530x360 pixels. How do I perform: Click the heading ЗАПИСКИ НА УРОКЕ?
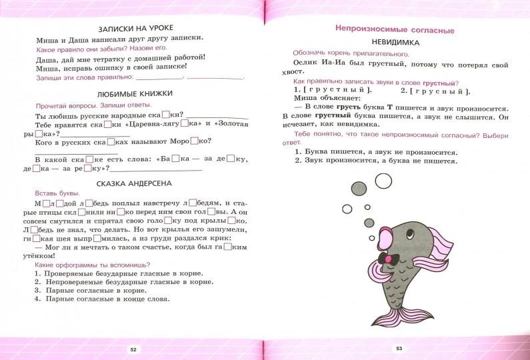tap(135, 28)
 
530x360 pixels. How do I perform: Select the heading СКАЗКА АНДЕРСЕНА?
tap(135, 183)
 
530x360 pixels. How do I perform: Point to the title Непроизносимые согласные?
tap(393, 29)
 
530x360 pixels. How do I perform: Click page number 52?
tap(133, 349)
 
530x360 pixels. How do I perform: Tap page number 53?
tap(399, 349)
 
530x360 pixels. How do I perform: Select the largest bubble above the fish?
tap(383, 181)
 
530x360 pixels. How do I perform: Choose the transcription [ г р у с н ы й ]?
tap(435, 91)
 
